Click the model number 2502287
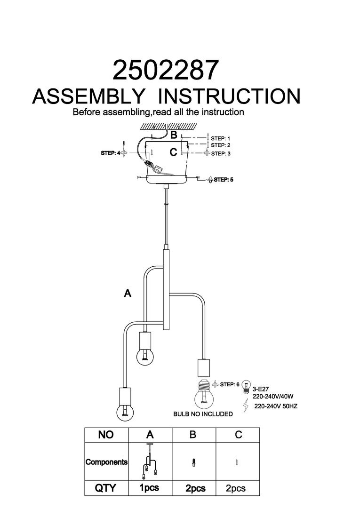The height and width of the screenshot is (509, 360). coord(166,71)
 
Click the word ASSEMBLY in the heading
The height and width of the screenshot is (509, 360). coord(88,96)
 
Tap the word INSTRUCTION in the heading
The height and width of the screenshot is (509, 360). coord(229,96)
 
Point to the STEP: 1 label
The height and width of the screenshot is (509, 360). coord(221,139)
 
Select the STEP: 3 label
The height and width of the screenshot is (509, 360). coord(221,153)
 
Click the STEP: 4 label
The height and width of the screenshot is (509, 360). coord(111,153)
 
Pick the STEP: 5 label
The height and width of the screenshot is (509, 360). coord(224,179)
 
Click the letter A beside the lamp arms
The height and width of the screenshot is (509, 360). coord(127,293)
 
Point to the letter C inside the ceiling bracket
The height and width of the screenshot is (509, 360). coord(173,152)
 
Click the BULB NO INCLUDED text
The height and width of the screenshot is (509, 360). coord(203,414)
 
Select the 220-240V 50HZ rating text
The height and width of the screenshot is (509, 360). coord(275,405)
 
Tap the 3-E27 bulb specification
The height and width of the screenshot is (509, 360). coord(260,389)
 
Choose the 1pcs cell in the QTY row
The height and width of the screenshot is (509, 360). coord(149,488)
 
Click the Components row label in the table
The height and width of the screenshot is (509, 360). coord(106,462)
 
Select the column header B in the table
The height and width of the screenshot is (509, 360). coord(192,435)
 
